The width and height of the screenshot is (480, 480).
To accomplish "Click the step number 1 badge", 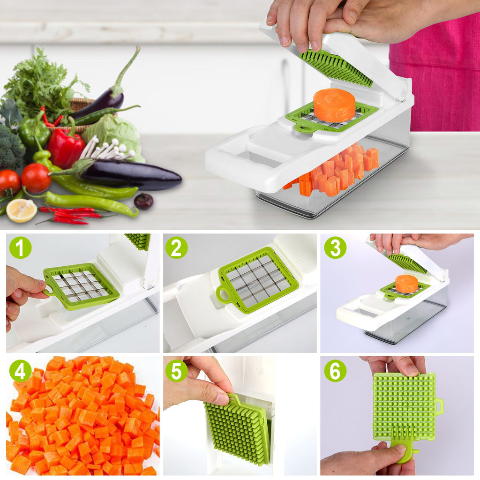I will pos(20,247).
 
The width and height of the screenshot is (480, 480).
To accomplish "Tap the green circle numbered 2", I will pos(176,247).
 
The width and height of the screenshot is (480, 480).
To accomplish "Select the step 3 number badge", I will pos(335,247).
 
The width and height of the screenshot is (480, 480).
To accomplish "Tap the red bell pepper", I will pos(66,148).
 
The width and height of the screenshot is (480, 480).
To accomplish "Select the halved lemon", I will pos(22,210).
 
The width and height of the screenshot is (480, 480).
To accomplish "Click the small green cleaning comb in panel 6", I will pos(403,445).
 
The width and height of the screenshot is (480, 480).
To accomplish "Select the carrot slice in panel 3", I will pos(406,284).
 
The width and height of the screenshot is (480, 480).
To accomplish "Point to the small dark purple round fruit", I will pos(143,201).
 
